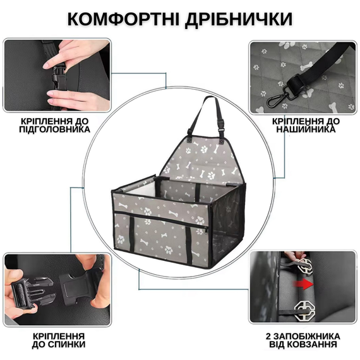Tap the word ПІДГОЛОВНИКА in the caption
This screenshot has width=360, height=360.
pos(54,129)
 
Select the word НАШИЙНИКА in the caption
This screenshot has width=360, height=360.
pos(306,129)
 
